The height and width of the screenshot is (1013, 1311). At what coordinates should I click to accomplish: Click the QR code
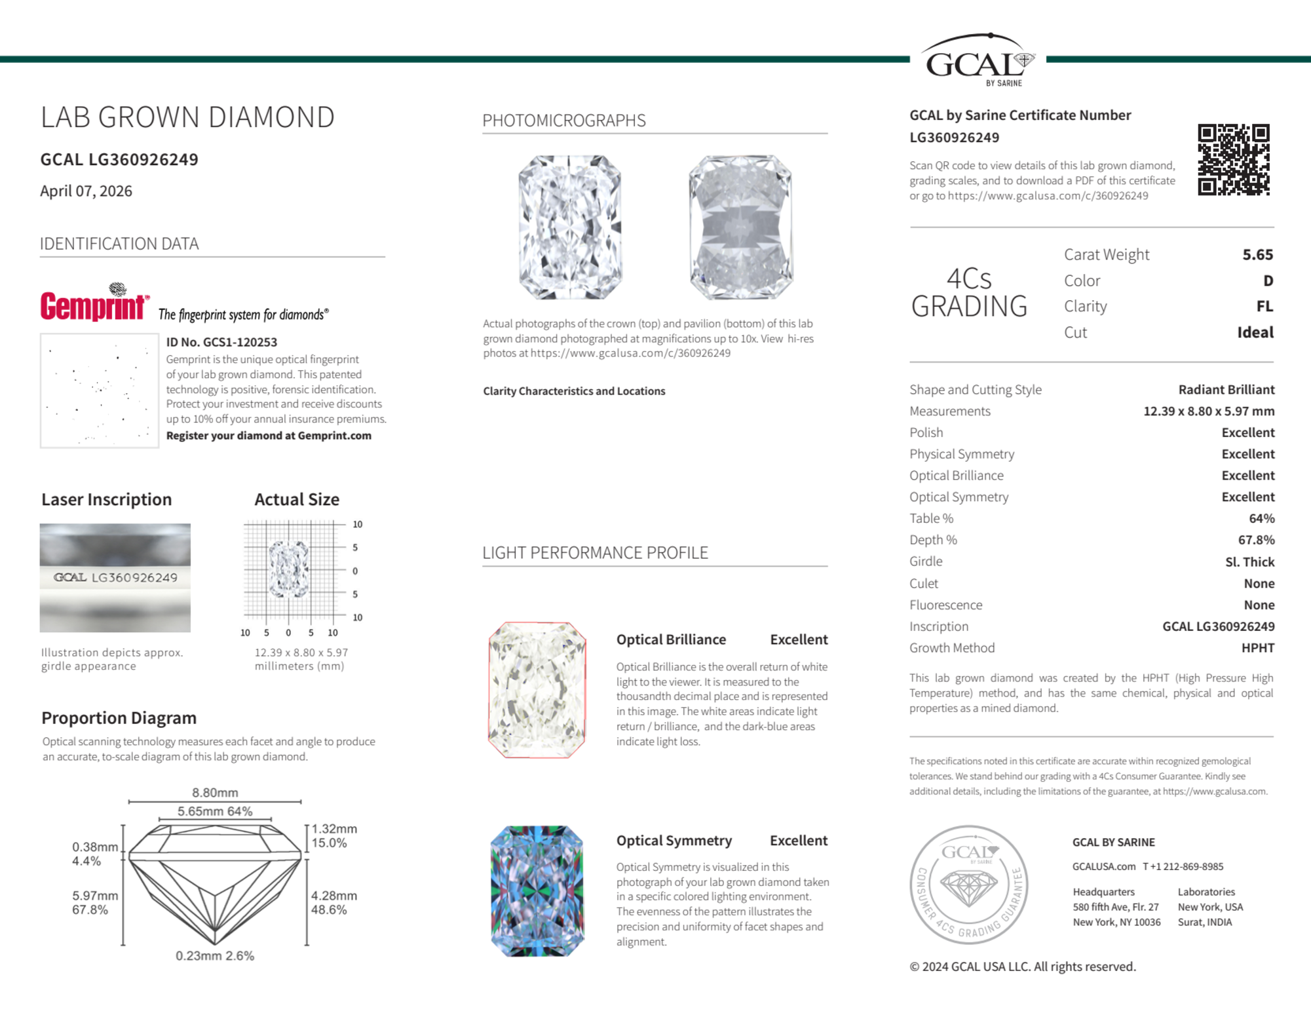(x=1233, y=159)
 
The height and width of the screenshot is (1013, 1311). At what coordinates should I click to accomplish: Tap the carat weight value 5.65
(x=1257, y=254)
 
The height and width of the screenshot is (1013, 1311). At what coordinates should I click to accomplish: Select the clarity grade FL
(x=1264, y=306)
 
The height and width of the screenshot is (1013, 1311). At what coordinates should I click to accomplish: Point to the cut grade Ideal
(x=1255, y=332)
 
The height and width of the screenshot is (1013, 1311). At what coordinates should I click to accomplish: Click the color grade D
(x=1268, y=280)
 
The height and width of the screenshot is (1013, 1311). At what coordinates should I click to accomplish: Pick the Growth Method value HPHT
(x=1257, y=647)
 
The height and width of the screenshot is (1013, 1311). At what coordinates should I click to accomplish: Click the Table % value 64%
(x=1261, y=518)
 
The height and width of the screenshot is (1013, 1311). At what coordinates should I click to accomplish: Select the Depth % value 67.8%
(x=1256, y=540)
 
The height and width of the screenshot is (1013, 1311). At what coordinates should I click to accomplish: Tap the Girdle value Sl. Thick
(x=1249, y=562)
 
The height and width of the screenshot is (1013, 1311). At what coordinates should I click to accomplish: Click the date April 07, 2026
(x=86, y=191)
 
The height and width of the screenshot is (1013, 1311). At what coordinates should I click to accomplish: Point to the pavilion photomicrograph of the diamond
(x=740, y=227)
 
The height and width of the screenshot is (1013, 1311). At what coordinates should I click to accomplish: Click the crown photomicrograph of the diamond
(x=570, y=227)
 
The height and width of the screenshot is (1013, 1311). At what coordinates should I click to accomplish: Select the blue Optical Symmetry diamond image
(x=537, y=890)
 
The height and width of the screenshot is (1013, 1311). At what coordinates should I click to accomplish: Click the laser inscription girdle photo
(x=115, y=577)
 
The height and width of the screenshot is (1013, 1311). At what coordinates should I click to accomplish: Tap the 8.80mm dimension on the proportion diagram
(x=215, y=792)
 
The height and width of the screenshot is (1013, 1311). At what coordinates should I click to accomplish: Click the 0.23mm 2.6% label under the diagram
(x=215, y=955)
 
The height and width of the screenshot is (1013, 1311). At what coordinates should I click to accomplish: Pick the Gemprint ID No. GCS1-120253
(x=221, y=342)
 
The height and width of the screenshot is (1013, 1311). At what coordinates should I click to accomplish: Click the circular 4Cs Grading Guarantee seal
(x=968, y=884)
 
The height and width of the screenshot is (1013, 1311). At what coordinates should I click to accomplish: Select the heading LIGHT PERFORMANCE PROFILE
(x=595, y=552)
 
